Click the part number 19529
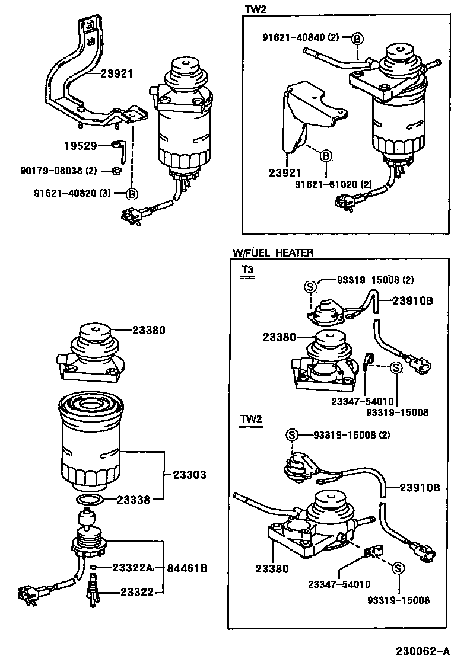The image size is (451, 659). tap(80, 145)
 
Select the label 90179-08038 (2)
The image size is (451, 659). tap(57, 171)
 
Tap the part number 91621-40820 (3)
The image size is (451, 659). tap(66, 193)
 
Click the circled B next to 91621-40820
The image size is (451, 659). tap(132, 193)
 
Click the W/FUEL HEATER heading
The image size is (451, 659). tap(272, 253)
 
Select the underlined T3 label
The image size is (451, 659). tap(247, 270)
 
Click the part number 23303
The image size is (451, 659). tap(189, 475)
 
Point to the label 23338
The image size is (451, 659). tap(134, 499)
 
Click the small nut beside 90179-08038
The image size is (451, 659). tap(117, 171)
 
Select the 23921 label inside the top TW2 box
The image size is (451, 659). tap(284, 174)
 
